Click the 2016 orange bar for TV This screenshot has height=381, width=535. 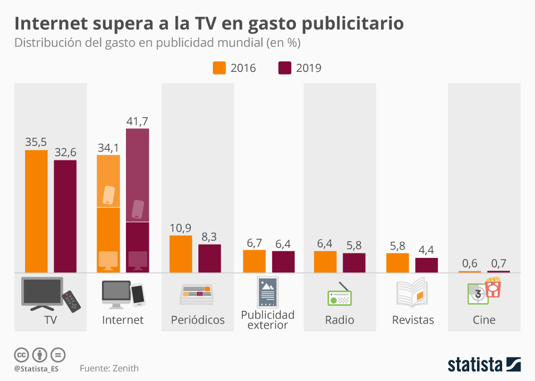(36, 211)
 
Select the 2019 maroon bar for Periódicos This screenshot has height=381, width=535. (210, 258)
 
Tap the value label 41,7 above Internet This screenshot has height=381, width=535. (137, 121)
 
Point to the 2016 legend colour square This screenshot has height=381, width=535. (219, 68)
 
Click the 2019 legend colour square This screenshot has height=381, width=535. (285, 68)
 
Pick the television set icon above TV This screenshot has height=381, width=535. (42, 292)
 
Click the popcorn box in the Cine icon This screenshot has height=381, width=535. (493, 287)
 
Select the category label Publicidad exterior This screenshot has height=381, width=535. (267, 320)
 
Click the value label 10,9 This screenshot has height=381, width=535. (181, 228)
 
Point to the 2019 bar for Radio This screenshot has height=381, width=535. (354, 263)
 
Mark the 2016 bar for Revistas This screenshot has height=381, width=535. (397, 263)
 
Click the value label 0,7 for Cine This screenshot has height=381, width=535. (498, 263)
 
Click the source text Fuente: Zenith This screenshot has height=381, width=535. (109, 368)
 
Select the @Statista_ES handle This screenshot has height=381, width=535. (36, 369)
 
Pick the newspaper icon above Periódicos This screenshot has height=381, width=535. (196, 294)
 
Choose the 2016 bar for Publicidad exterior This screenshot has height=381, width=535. (254, 261)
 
